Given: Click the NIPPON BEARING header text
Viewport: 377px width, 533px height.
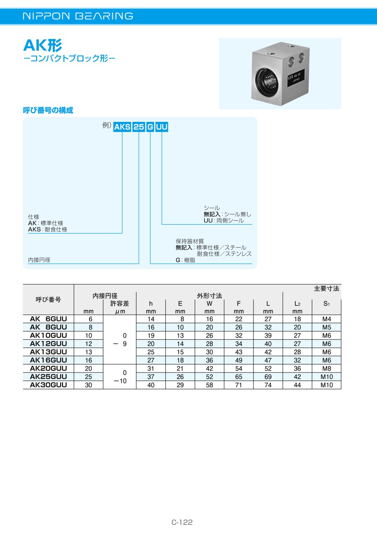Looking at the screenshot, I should tap(78, 16).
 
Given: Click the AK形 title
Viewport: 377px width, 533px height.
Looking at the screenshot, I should tap(43, 45).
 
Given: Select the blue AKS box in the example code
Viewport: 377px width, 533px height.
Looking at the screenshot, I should tap(122, 127).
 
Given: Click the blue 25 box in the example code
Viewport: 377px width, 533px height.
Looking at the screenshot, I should tap(139, 127).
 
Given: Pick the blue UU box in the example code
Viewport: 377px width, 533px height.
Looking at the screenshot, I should tap(162, 127).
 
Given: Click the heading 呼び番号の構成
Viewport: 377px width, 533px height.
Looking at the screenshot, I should tap(48, 110).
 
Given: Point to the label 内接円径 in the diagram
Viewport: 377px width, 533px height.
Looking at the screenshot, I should tap(39, 260).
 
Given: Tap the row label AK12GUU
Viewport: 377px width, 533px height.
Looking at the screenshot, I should tap(48, 344).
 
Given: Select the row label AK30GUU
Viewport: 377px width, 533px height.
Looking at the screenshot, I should tap(48, 385).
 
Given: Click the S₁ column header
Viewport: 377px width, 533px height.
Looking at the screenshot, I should tap(326, 304).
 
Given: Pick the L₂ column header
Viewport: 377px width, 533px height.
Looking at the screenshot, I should tap(297, 304).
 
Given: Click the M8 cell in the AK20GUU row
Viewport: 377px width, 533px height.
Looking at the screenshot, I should tap(326, 368).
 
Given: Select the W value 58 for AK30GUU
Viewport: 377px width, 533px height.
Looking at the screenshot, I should tap(209, 385).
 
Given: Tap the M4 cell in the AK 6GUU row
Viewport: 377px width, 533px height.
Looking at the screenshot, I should tap(326, 319).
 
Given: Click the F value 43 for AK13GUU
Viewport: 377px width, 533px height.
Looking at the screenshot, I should tap(239, 352).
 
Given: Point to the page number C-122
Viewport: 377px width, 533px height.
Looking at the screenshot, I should tap(182, 522).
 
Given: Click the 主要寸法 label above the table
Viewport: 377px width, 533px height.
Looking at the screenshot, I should tap(326, 289).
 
